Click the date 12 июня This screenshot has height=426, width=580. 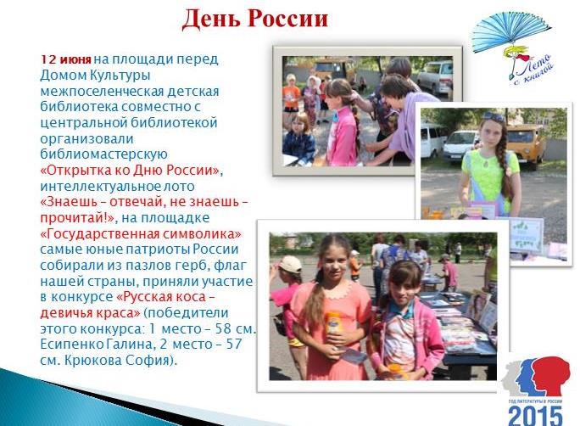click(66, 59)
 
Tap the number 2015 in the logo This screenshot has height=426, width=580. click(535, 416)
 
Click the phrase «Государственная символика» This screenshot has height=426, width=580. click(141, 234)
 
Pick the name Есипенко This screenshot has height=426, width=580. click(72, 345)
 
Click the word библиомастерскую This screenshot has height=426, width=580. click(104, 154)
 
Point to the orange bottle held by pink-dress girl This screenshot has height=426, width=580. click(333, 322)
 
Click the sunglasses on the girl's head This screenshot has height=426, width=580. click(494, 117)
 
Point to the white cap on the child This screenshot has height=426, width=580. click(290, 264)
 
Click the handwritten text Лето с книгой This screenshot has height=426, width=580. click(533, 70)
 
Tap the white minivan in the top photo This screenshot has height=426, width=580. click(435, 77)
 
